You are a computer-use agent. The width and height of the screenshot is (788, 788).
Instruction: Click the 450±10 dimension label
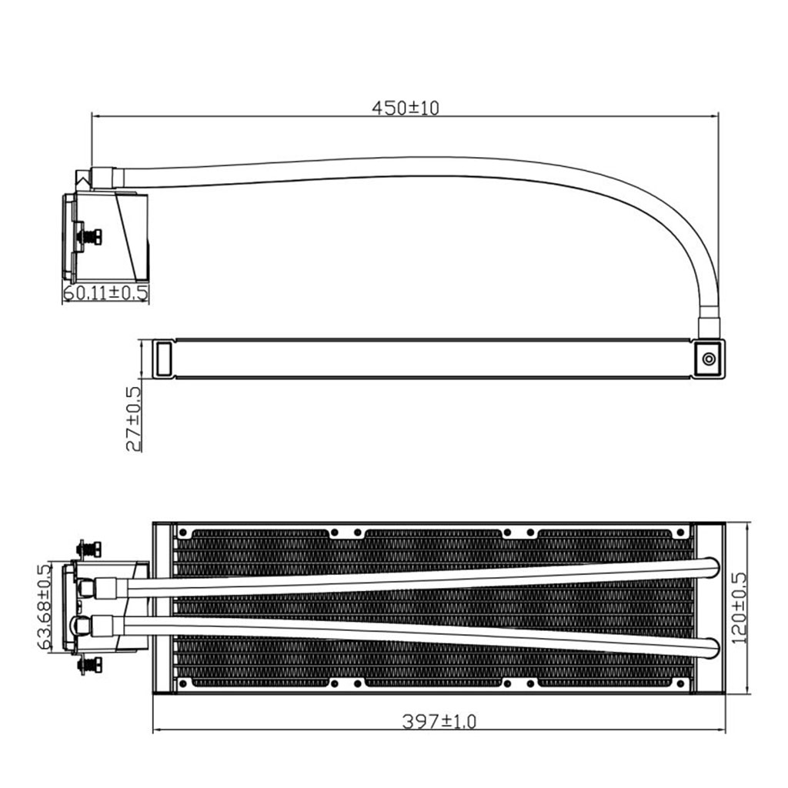click(x=405, y=108)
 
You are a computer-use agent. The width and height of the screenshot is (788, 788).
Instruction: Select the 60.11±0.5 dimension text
click(x=106, y=292)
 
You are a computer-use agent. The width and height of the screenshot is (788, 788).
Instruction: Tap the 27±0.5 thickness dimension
click(x=134, y=419)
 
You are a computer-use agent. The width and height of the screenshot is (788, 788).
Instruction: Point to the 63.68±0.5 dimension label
click(x=45, y=606)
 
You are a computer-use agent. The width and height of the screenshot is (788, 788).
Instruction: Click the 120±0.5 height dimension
click(x=740, y=608)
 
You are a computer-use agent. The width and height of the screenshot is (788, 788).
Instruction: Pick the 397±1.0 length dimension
click(x=439, y=721)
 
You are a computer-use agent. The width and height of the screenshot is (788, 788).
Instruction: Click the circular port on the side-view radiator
click(x=709, y=359)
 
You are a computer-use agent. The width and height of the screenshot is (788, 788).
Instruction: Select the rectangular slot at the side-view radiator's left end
click(x=164, y=359)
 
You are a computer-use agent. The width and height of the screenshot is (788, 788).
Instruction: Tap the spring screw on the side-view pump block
click(x=88, y=237)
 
